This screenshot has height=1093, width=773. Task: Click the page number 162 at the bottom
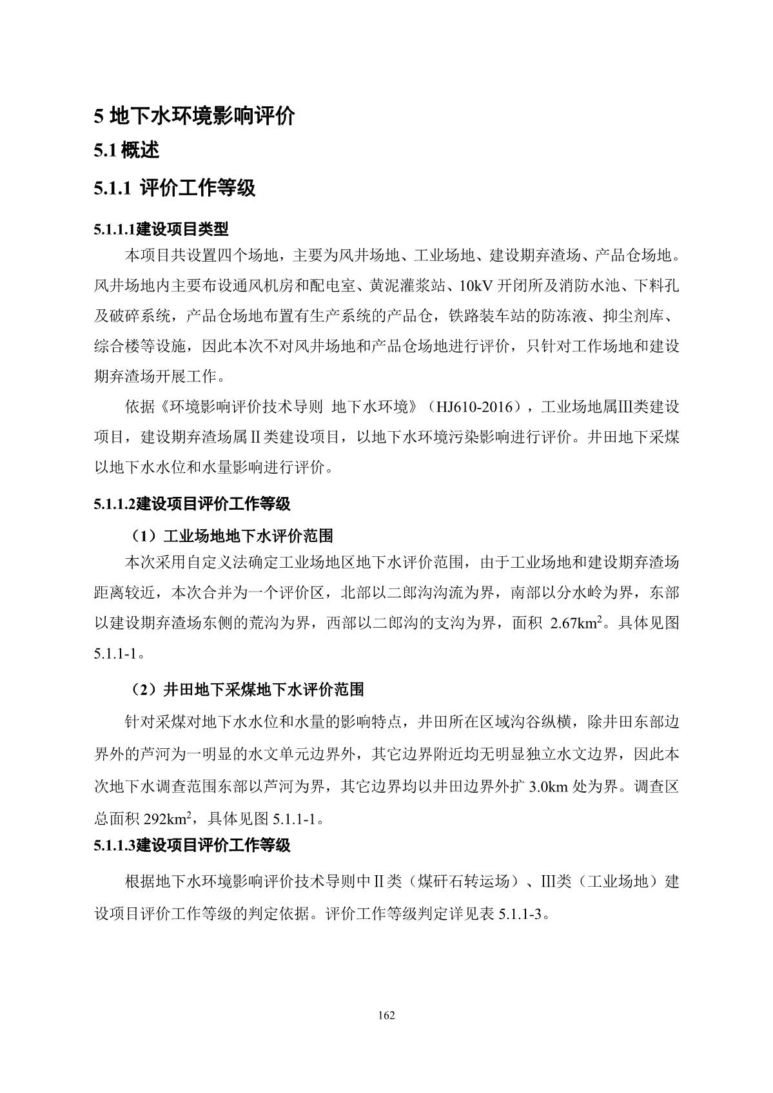(x=386, y=1016)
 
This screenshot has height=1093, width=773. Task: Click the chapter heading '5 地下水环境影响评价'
(x=194, y=117)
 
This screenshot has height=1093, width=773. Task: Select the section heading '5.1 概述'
(x=126, y=151)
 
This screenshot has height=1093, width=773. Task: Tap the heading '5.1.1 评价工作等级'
(x=175, y=188)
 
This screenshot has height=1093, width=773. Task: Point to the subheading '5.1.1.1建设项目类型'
(x=161, y=229)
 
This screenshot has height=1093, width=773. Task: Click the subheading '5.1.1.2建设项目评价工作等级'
(x=192, y=504)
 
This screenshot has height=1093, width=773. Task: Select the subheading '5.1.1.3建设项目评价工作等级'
(x=192, y=846)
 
